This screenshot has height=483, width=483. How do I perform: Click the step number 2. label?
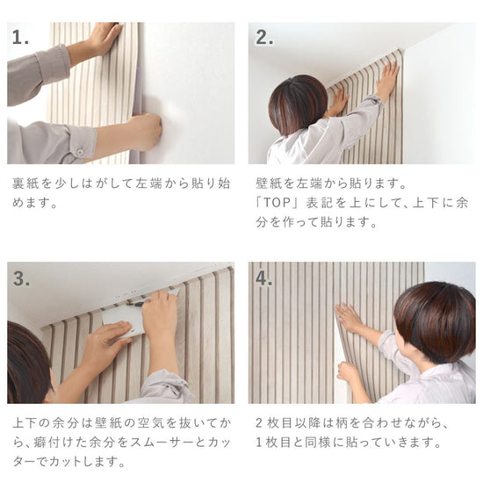coord(264,38)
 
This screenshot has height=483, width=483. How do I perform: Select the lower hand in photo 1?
coord(141,133)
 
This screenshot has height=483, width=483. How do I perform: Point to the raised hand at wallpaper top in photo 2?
coord(387,79)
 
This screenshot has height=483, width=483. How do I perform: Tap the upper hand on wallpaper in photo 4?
coord(350,317)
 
